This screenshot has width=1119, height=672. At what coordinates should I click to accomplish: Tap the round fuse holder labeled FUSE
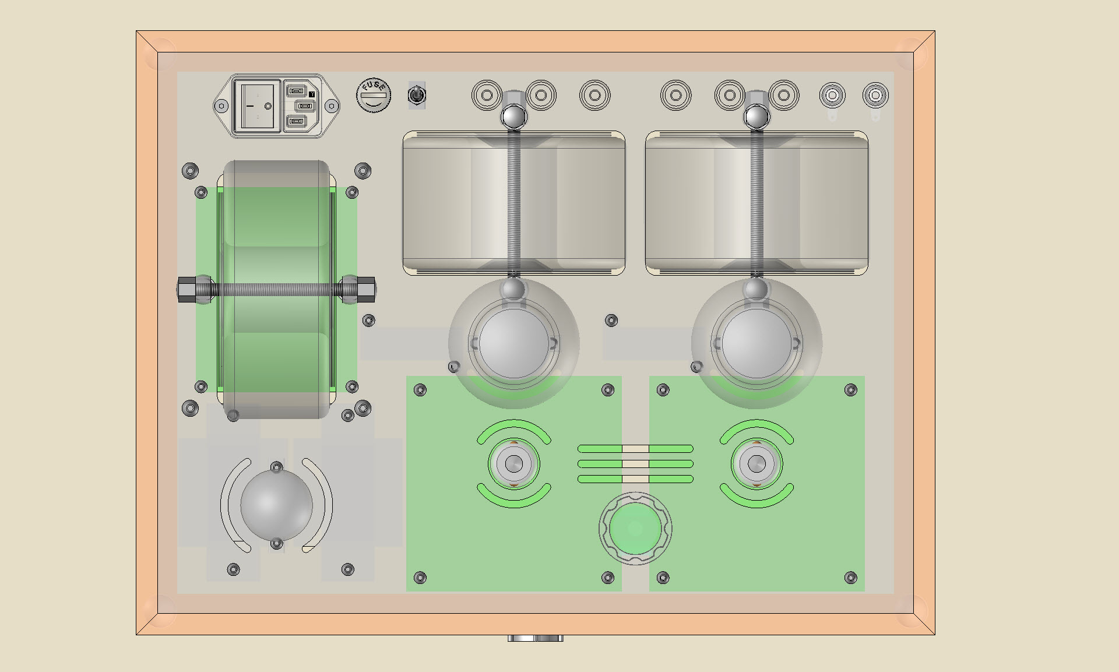click(374, 95)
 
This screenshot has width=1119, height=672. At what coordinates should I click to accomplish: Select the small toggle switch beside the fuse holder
click(417, 95)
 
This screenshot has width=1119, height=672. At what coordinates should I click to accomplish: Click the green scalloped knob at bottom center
click(635, 529)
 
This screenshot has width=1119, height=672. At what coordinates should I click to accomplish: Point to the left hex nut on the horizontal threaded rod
click(186, 289)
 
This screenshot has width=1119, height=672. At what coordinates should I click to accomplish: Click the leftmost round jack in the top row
click(487, 95)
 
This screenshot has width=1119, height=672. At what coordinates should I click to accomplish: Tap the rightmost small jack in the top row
click(875, 95)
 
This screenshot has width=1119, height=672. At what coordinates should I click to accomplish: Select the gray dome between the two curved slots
click(277, 505)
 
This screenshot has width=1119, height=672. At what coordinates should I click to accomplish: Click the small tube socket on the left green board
click(513, 464)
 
